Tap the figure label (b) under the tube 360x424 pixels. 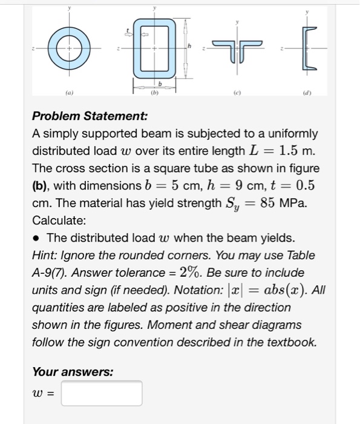(x=154, y=94)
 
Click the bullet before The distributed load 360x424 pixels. (x=36, y=237)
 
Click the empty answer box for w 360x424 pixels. (x=102, y=393)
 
